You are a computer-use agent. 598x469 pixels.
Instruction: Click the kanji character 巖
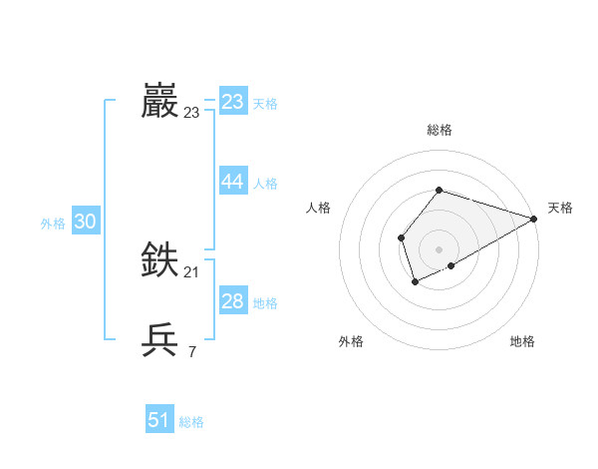tap(160, 101)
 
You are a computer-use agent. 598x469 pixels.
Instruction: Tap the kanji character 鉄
tap(160, 260)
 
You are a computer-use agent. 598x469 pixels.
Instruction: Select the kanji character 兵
tap(160, 340)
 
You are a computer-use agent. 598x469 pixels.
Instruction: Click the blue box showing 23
tap(233, 102)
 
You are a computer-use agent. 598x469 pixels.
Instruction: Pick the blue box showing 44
tap(233, 182)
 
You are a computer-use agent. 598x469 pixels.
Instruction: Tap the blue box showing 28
tap(233, 301)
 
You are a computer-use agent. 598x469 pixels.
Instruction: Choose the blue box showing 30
tap(85, 222)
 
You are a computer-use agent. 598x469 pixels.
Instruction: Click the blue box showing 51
tap(159, 420)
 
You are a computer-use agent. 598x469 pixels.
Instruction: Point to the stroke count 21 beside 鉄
tap(192, 272)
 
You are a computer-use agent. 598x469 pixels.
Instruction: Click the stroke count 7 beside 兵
tap(192, 352)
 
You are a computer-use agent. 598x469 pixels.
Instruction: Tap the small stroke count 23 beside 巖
tap(192, 113)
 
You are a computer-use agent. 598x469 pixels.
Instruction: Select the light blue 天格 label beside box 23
tap(265, 104)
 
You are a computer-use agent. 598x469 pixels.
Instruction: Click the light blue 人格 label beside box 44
tap(265, 184)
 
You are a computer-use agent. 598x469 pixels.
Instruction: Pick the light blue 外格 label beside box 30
tap(53, 224)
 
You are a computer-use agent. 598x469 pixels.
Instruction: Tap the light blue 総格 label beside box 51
tap(191, 422)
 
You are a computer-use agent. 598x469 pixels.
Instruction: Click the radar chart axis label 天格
tap(560, 208)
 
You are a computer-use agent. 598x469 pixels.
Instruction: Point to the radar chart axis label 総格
tap(439, 130)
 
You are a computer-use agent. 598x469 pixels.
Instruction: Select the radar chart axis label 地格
tap(522, 341)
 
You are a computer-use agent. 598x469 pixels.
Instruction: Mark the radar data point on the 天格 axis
tap(533, 219)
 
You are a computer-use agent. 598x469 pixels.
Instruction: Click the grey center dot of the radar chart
tap(439, 248)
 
